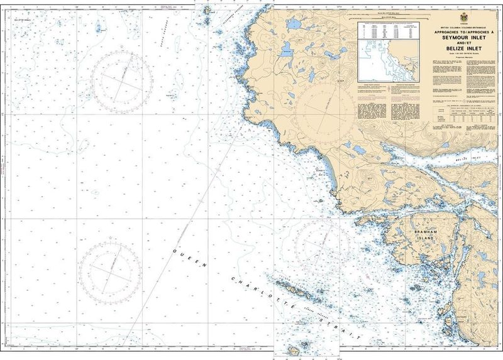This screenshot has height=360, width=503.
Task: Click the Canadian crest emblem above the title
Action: click(x=463, y=16)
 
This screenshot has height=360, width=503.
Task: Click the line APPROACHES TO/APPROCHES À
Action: click(x=463, y=31)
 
